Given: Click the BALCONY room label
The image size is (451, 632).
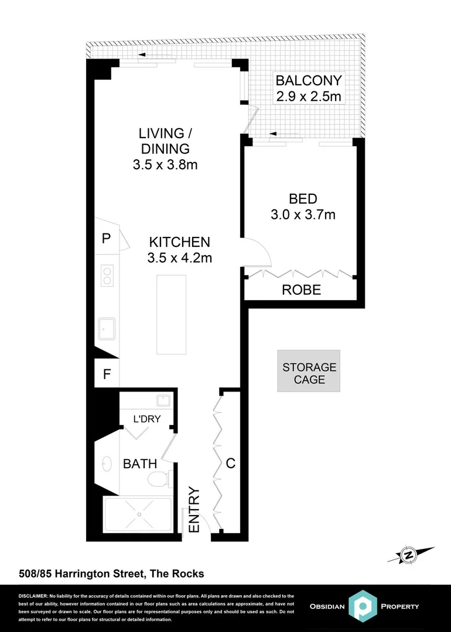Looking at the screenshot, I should (308, 80).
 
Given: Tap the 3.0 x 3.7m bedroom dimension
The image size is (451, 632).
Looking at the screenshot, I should (303, 215).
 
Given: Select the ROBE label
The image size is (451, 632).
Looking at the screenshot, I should (301, 290).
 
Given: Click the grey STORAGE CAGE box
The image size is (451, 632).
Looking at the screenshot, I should (309, 373).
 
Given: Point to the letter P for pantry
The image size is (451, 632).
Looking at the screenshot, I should (107, 239).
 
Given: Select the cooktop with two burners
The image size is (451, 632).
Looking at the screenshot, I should (107, 275).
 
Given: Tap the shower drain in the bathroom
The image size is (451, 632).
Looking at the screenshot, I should (139, 515).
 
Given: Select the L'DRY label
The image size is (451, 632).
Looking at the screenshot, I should (146, 418).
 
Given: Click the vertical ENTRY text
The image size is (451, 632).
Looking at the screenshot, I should (194, 511).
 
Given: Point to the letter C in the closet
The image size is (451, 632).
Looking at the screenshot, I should (231, 463).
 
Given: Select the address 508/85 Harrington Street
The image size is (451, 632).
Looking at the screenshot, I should (110, 574).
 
